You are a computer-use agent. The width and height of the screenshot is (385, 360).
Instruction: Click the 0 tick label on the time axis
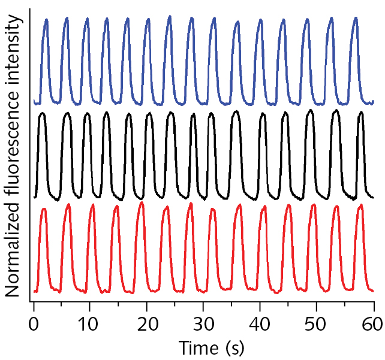pyautogui.click(x=34, y=325)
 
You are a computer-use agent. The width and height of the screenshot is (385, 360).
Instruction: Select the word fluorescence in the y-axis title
pyautogui.click(x=13, y=147)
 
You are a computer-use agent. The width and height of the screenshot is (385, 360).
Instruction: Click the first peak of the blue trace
pyautogui.click(x=46, y=20)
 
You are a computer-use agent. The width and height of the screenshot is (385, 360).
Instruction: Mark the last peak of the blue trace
pyautogui.click(x=356, y=19)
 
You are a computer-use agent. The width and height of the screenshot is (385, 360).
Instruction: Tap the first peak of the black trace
pyautogui.click(x=42, y=113)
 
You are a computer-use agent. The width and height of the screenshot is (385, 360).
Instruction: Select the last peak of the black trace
pyautogui.click(x=360, y=113)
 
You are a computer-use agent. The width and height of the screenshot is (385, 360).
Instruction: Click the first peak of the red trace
pyautogui.click(x=44, y=209)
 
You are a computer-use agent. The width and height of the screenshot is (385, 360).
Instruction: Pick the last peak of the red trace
pyautogui.click(x=360, y=205)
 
